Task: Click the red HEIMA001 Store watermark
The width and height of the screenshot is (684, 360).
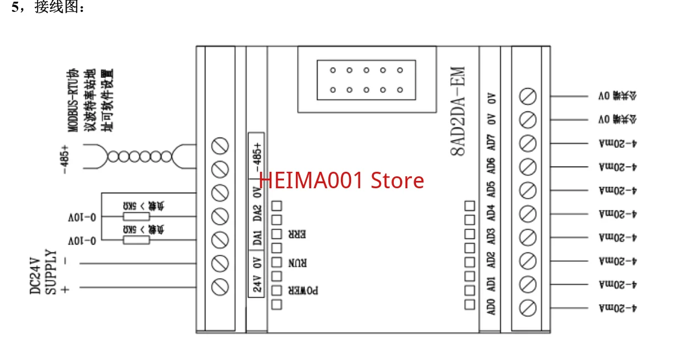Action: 341,180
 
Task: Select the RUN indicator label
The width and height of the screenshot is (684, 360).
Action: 299,263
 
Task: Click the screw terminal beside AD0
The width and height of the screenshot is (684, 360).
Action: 529,308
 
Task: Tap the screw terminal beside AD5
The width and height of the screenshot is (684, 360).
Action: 529,191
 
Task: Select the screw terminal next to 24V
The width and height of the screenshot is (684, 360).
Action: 220,286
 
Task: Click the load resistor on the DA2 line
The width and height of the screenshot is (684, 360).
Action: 137,217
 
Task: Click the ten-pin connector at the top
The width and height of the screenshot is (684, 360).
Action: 366,80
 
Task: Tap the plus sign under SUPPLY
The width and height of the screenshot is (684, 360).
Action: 64,289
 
